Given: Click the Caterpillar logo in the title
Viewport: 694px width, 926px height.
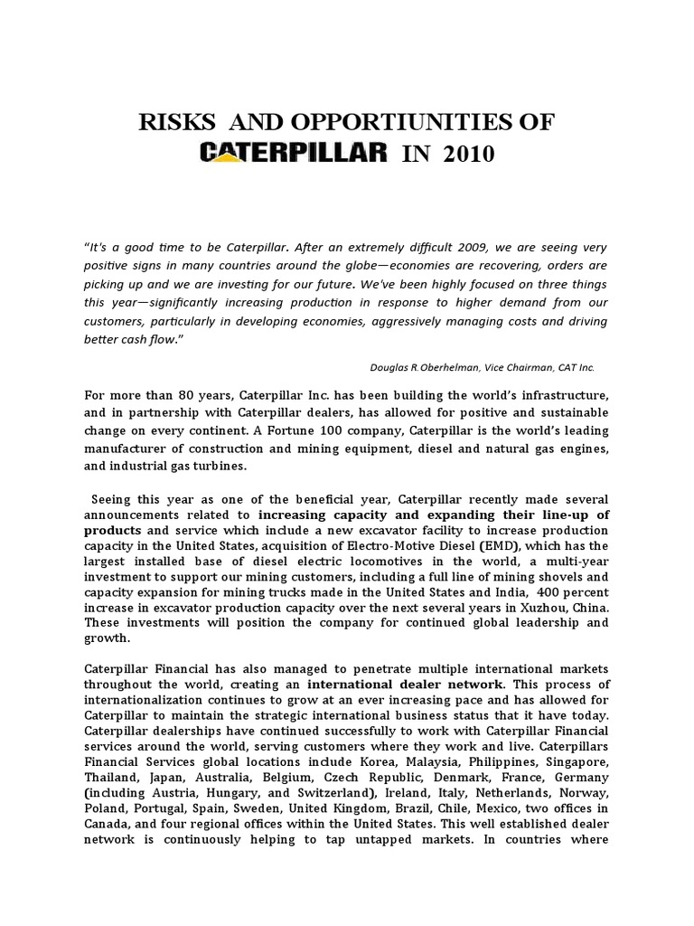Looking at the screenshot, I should coord(293,153).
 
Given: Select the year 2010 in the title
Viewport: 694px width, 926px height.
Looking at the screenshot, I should coord(468,155).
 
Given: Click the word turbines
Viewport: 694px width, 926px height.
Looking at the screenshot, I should coord(228,466).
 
